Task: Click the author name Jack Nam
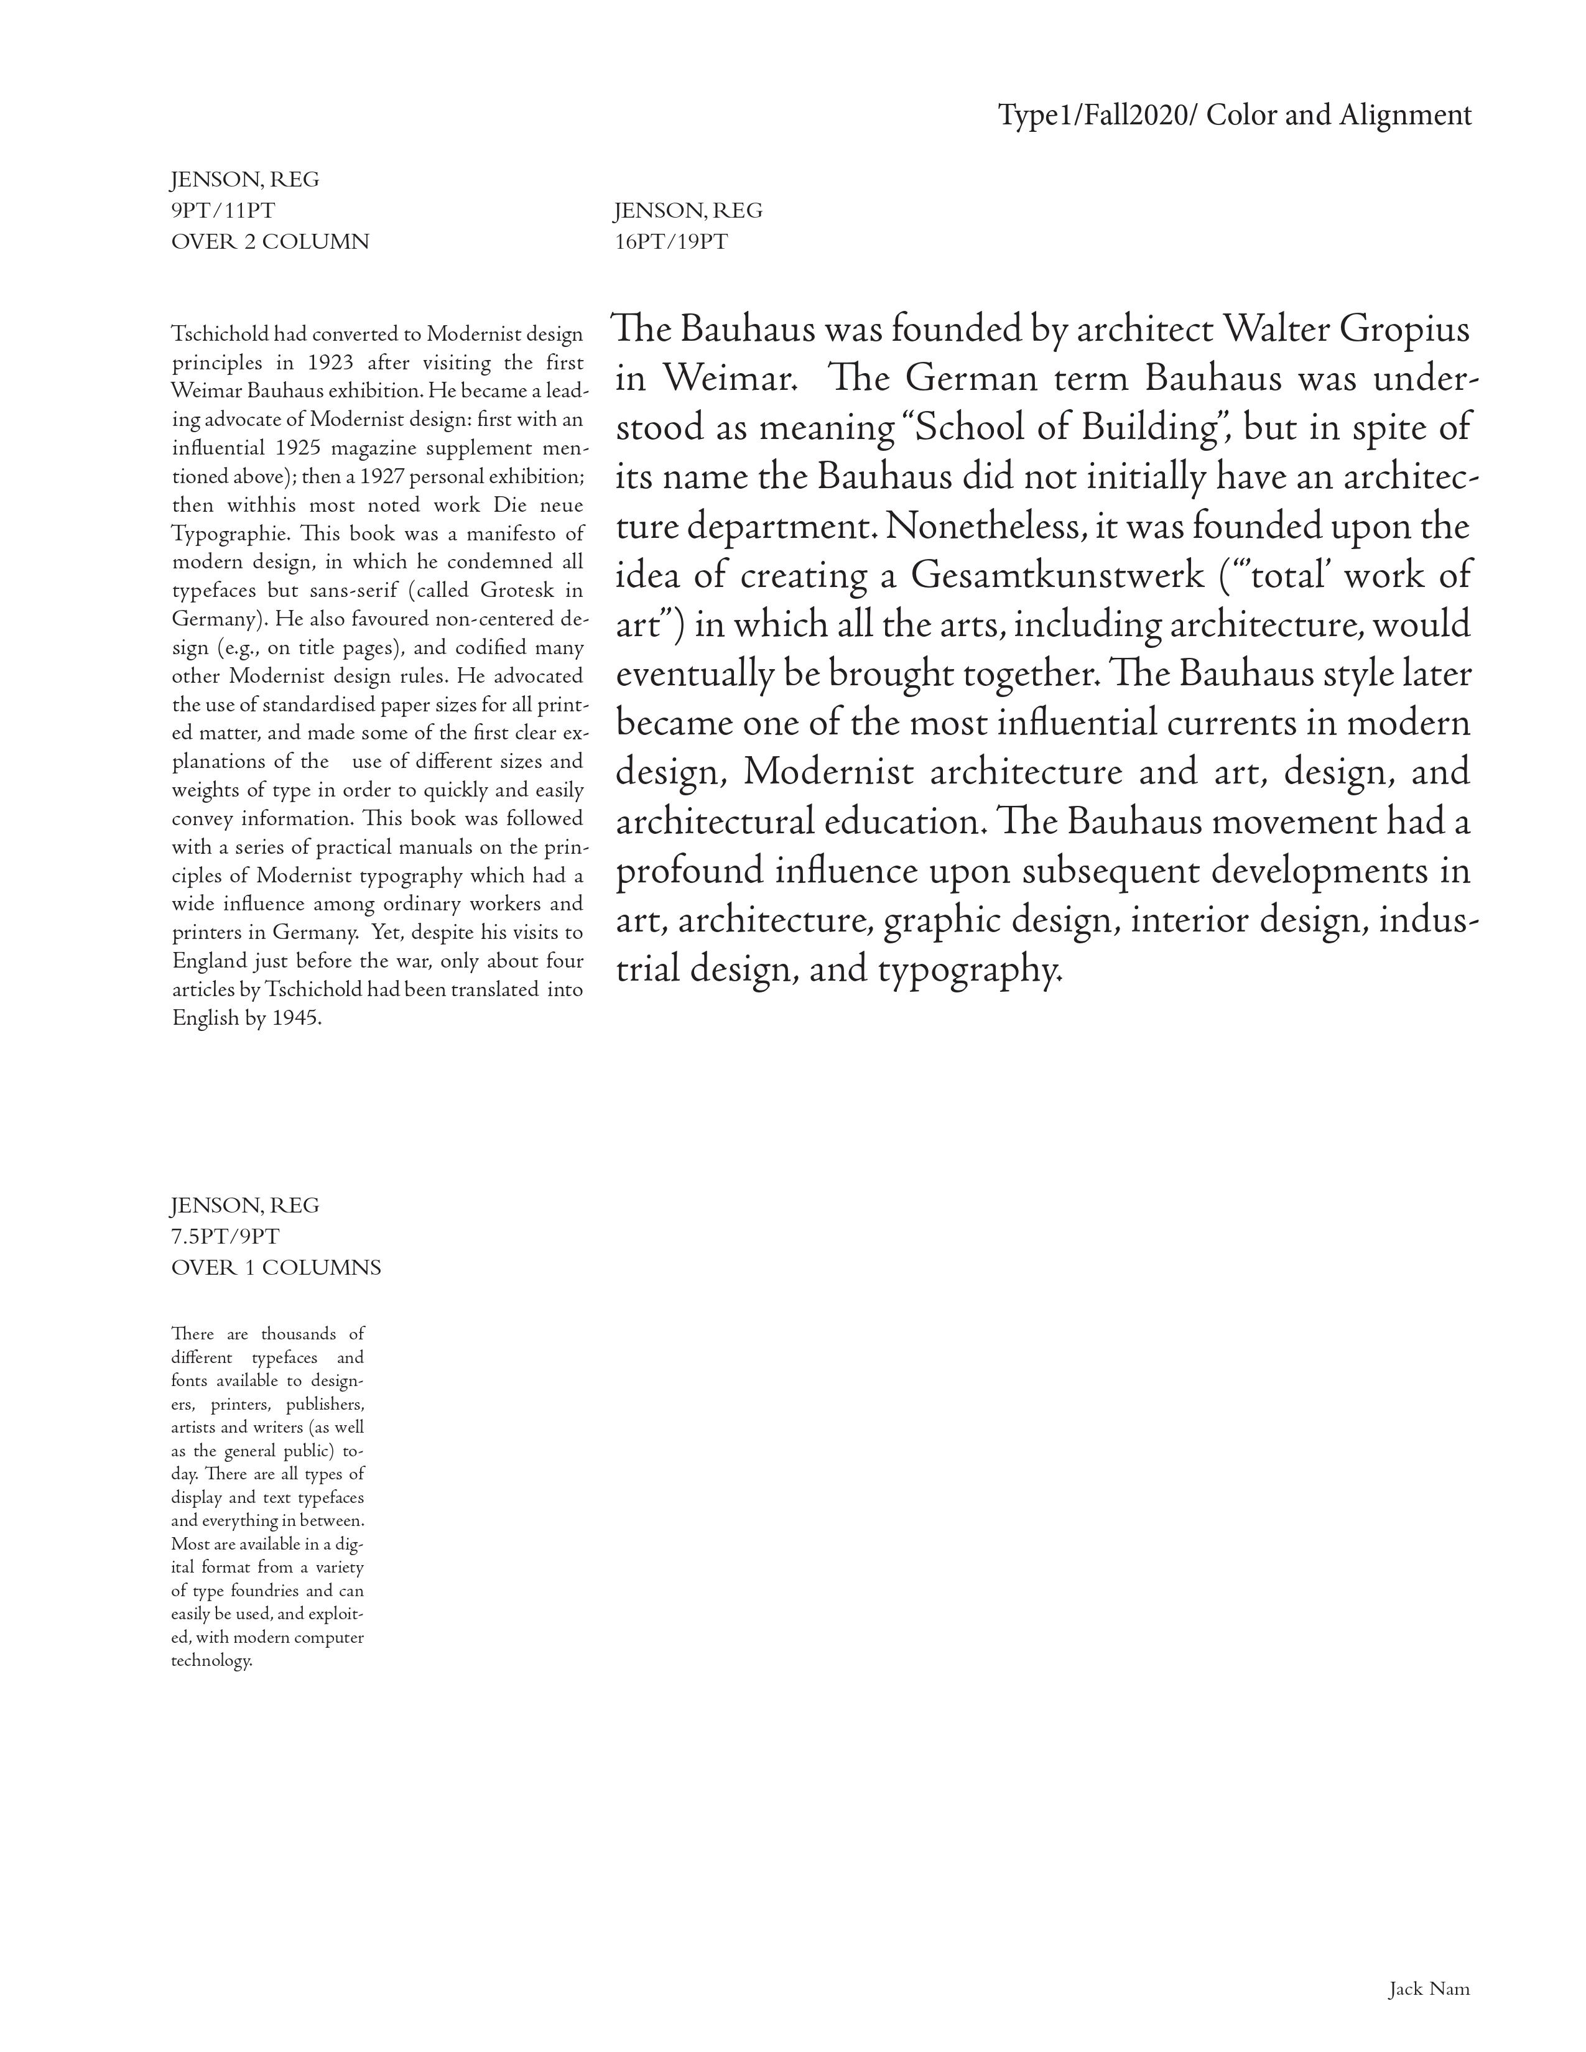pyautogui.click(x=1428, y=1989)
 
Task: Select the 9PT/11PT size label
pyautogui.click(x=223, y=210)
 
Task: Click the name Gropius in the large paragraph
pyautogui.click(x=1404, y=329)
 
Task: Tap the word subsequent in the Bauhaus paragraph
pyautogui.click(x=1106, y=871)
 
